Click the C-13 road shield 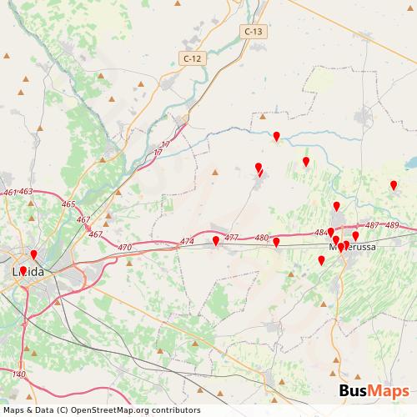(x=254, y=32)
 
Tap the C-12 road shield (x=192, y=58)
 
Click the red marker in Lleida (x=33, y=254)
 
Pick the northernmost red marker (x=276, y=135)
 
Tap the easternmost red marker (x=394, y=185)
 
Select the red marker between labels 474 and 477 (x=216, y=240)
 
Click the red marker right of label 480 (x=276, y=242)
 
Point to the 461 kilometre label (x=10, y=193)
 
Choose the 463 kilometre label (x=26, y=192)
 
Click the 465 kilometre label (x=68, y=204)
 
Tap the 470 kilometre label (x=125, y=248)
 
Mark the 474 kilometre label (x=187, y=243)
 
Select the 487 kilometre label (x=372, y=226)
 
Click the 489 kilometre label (x=392, y=226)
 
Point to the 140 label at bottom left (x=18, y=375)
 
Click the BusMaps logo (x=374, y=391)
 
